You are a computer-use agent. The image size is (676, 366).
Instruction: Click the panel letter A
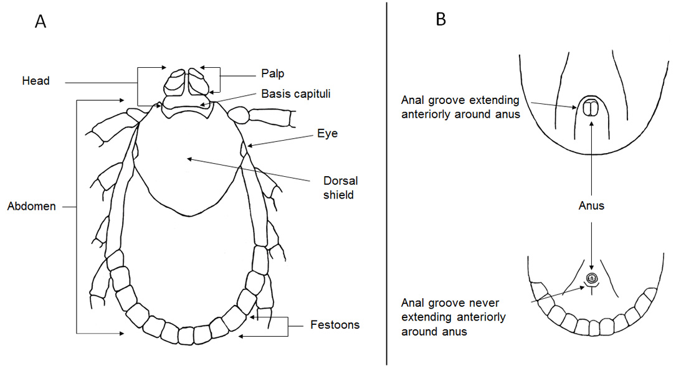tap(40, 21)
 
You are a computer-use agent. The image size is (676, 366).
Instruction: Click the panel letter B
tap(440, 19)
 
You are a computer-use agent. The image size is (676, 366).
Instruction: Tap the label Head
tap(36, 80)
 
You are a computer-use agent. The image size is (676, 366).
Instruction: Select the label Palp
tap(272, 73)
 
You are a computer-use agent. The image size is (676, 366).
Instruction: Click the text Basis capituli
tap(296, 94)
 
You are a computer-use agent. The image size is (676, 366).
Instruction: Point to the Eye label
tap(327, 133)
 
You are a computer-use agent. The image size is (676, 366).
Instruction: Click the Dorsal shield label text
tap(341, 188)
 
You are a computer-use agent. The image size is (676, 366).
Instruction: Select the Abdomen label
tap(32, 206)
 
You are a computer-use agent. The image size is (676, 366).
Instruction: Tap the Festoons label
tap(335, 325)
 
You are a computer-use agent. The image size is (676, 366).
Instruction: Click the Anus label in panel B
tap(591, 206)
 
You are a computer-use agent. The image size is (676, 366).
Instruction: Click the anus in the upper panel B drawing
tap(589, 108)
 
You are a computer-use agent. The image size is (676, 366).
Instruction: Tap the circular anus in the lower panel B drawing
tap(591, 278)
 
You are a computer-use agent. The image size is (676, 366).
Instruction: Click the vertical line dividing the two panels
tap(386, 183)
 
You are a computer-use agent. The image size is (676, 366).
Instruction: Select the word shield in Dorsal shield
tap(338, 195)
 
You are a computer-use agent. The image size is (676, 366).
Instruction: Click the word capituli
tap(312, 94)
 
